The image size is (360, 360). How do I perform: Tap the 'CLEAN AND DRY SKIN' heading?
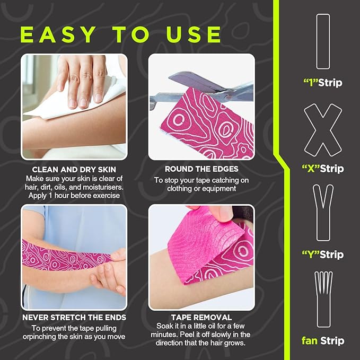pyautogui.click(x=74, y=169)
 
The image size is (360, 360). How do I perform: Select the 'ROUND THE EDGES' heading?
pyautogui.click(x=201, y=169)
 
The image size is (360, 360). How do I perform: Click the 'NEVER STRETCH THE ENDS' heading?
pyautogui.click(x=74, y=318)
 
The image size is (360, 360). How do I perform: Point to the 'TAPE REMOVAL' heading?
pyautogui.click(x=201, y=318)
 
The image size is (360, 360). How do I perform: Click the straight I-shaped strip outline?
pyautogui.click(x=323, y=41)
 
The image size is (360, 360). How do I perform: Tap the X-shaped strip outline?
pyautogui.click(x=323, y=130)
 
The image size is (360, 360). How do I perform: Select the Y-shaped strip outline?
pyautogui.click(x=323, y=212)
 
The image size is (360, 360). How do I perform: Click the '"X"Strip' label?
pyautogui.click(x=323, y=169)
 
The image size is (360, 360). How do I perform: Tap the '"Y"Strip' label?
pyautogui.click(x=323, y=254)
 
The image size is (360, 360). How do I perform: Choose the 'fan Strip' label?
pyautogui.click(x=323, y=340)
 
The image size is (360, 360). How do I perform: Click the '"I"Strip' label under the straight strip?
pyautogui.click(x=323, y=83)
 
